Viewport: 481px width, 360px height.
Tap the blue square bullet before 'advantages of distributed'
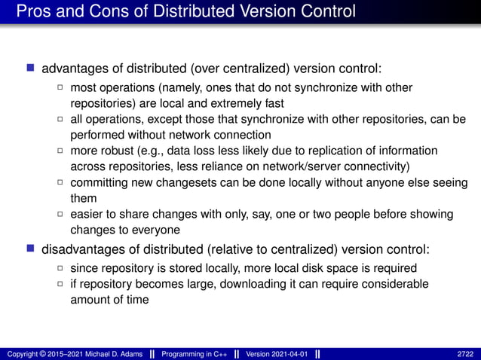[31, 69]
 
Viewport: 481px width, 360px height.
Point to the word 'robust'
[118, 151]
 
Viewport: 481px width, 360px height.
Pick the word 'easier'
[87, 215]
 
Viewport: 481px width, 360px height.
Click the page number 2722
[466, 353]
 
